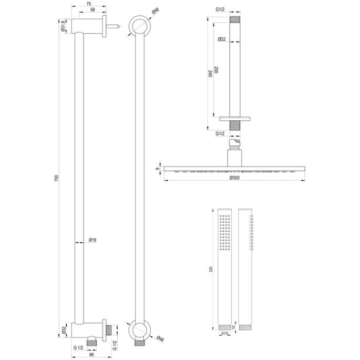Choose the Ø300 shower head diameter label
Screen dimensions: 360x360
(234, 178)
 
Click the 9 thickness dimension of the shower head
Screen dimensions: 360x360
(157, 169)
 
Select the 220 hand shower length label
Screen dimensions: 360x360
(212, 270)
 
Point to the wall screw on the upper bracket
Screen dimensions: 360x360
(115, 25)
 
